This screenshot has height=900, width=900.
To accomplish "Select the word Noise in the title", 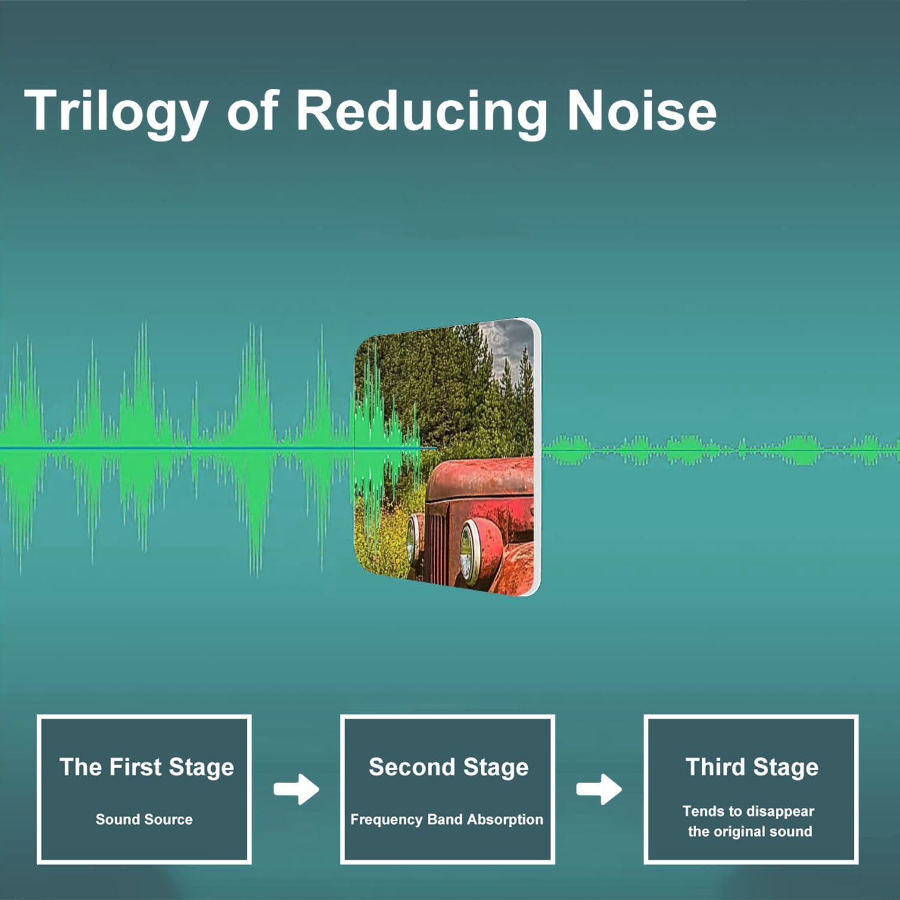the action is pos(642,110).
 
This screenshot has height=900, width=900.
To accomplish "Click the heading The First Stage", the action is pos(146,767).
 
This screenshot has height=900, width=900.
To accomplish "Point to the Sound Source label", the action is pos(144,819).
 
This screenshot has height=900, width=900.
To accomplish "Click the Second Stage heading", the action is pos(449,767).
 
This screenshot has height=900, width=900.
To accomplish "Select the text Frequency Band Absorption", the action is pos(446,820).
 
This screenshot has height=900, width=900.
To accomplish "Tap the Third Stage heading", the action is pos(752,767).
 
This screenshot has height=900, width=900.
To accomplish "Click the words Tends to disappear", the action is pos(748,811).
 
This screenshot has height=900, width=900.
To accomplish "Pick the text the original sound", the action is pos(750,832).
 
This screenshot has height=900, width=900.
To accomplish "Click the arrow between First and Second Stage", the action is pos(296,789).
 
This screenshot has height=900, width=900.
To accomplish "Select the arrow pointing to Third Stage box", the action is pos(599,789).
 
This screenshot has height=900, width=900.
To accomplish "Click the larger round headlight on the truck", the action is pos(470,552).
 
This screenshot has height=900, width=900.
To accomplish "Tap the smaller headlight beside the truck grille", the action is pos(413,538).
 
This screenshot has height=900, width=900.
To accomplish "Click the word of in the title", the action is pos(252,110).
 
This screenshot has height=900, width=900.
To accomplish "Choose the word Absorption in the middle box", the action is pos(505,820).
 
